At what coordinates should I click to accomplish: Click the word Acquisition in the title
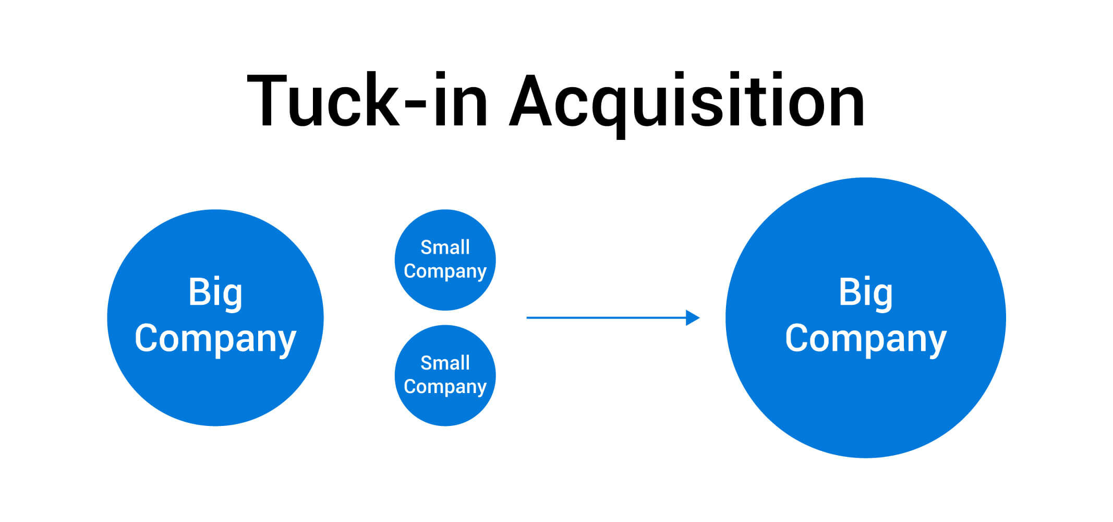click(x=687, y=101)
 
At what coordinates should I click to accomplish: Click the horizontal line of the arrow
click(x=605, y=317)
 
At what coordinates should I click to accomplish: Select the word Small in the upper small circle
click(x=445, y=247)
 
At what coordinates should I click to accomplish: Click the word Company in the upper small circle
click(x=445, y=271)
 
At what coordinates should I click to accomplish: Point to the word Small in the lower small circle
click(x=445, y=363)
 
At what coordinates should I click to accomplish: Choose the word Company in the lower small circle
click(x=445, y=387)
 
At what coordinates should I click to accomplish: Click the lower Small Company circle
click(x=445, y=410)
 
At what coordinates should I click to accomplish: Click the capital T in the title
click(x=268, y=101)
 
